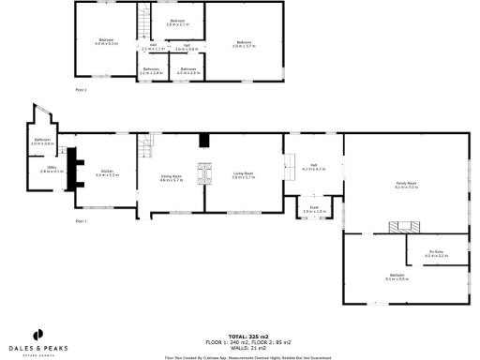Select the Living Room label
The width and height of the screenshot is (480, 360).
click(244, 174)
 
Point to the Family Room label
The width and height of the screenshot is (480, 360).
click(405, 186)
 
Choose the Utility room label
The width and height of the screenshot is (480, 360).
click(45, 171)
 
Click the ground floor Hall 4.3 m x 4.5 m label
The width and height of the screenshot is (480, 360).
click(313, 168)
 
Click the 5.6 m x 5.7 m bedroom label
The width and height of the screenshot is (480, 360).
click(244, 43)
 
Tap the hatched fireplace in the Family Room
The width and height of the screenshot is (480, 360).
click(403, 226)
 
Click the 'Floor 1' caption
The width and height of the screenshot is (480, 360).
click(81, 221)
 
